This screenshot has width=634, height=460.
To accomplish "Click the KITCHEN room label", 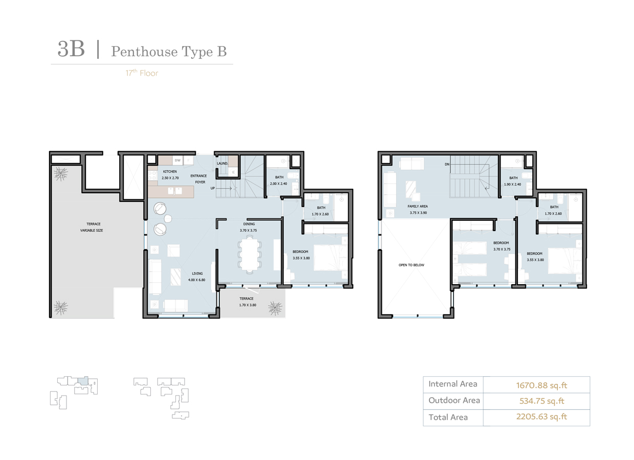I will coord(170,172).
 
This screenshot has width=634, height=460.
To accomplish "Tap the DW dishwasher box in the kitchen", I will coord(177,160).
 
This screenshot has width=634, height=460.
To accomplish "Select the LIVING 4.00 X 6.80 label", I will coord(197,277).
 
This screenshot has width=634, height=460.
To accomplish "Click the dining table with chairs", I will coord(249,254).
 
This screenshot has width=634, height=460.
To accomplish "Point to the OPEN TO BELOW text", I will coord(411,265).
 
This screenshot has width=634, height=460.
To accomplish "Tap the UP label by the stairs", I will coord(213,188).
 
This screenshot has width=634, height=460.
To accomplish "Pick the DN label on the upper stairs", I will coord(447,165).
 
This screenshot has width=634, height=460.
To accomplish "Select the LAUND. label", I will coord(222,164).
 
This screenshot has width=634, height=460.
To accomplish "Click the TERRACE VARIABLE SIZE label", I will coord(92,227).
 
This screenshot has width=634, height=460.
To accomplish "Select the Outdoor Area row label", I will coord(454,401).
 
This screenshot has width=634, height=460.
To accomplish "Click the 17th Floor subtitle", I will coord(142,73).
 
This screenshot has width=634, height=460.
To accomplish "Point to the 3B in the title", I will coord(71,49).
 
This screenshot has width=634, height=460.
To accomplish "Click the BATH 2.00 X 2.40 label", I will coord(279,180).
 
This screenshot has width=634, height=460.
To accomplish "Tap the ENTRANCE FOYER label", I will coord(198,179).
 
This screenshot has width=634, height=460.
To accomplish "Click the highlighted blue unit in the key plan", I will coord(84,380).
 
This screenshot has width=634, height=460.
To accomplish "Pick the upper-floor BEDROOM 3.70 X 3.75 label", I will coord(501,246).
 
